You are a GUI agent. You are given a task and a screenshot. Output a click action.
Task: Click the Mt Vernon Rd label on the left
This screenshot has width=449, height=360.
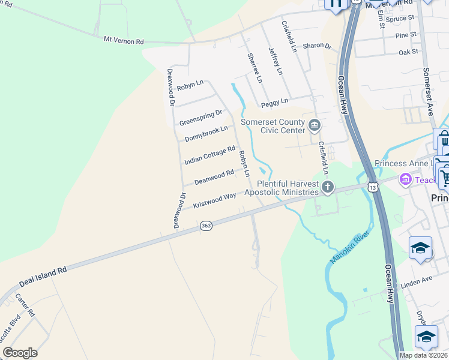(124, 40)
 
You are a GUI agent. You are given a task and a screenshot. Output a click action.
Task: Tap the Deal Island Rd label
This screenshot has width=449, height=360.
(43, 277)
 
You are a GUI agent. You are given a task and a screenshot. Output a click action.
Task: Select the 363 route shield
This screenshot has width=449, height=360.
(206, 226)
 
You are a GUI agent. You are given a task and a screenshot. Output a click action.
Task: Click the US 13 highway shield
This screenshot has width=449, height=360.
(373, 188)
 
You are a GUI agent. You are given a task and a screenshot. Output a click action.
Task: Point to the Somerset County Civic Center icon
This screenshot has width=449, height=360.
(314, 125)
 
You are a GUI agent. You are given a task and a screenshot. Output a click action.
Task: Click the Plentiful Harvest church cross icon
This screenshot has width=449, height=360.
(328, 187)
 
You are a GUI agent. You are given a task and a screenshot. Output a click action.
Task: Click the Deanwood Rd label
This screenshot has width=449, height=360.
(214, 178)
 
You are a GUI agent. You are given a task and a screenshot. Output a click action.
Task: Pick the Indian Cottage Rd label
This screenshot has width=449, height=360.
(209, 155)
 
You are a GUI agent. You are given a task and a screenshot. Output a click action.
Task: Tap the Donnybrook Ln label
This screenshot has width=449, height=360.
(206, 133)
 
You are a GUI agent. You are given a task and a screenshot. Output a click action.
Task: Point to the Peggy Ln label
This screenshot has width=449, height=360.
(274, 102)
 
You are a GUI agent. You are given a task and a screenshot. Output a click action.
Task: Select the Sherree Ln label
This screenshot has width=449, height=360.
(255, 67)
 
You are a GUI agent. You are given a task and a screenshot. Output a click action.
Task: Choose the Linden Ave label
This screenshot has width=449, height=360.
(416, 280)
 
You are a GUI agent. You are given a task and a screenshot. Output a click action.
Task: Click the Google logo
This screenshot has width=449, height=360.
(20, 353)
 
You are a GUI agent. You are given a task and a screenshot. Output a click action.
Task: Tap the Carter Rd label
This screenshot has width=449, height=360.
(25, 306)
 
